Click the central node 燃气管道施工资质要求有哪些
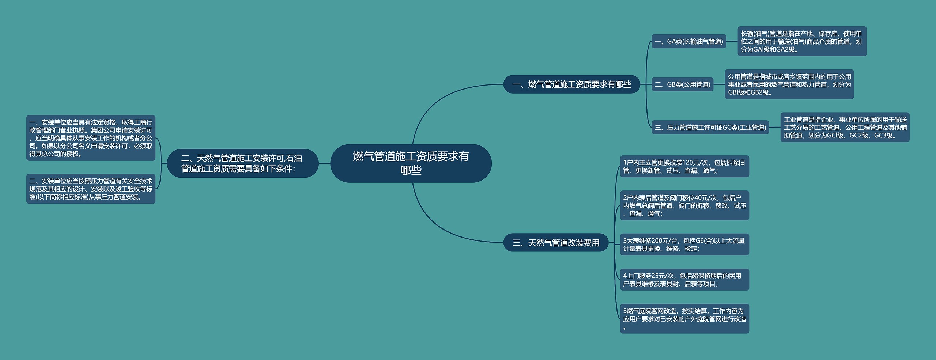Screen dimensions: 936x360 tap(411, 163)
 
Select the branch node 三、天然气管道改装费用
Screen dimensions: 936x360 tap(556, 243)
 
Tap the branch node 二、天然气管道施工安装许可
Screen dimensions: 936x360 tap(242, 163)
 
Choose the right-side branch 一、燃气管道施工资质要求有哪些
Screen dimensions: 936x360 tap(571, 84)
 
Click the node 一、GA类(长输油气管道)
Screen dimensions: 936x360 tap(688, 41)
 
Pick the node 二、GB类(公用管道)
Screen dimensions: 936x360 tap(682, 84)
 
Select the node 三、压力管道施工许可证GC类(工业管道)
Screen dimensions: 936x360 tap(710, 128)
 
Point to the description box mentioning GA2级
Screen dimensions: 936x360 tap(802, 41)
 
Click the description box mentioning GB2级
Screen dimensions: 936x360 tap(789, 84)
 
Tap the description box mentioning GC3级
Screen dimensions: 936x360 tap(845, 128)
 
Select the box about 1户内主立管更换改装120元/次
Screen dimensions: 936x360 tap(684, 166)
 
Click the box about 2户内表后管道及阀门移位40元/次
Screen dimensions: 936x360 tap(684, 205)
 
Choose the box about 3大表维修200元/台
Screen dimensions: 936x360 tap(684, 245)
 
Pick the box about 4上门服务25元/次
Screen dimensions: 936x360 tap(684, 280)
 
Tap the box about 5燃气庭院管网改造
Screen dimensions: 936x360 tap(684, 319)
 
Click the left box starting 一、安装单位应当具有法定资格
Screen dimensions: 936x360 tap(91, 138)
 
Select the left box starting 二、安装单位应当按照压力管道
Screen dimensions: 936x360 tap(91, 189)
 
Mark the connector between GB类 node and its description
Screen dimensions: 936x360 tap(719, 84)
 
